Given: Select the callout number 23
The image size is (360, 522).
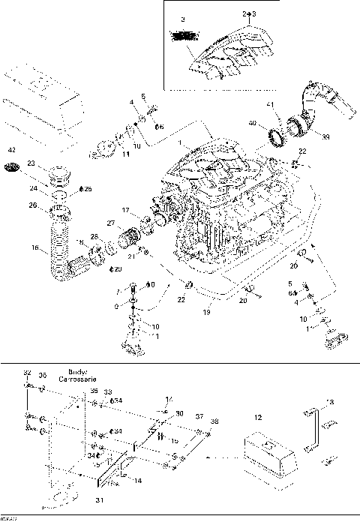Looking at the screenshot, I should pyautogui.click(x=31, y=163).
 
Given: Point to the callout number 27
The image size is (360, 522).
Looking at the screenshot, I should pyautogui.click(x=110, y=223).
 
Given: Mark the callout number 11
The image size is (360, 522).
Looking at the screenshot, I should pyautogui.click(x=126, y=154).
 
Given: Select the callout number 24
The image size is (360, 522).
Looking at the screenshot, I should pyautogui.click(x=32, y=188).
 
